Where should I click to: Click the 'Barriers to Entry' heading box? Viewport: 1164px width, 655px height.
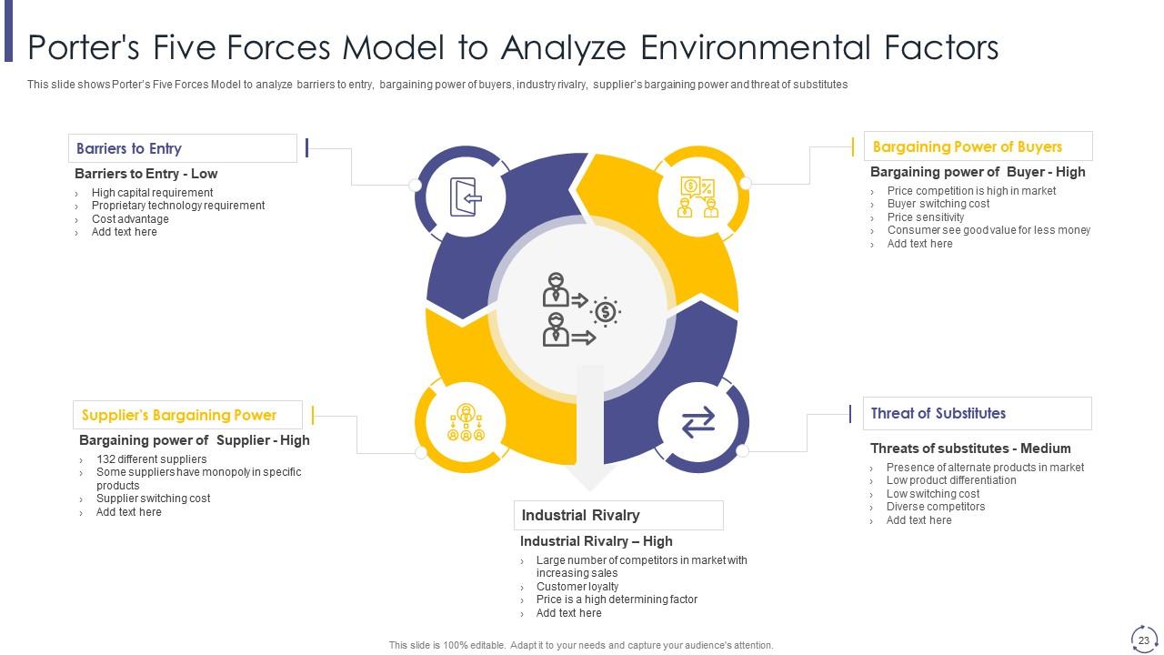click(x=182, y=148)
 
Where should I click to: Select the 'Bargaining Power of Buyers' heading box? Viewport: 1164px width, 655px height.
click(x=978, y=146)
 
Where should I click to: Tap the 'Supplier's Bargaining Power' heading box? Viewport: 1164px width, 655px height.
click(x=187, y=415)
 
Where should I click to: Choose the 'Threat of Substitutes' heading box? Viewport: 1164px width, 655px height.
click(x=977, y=413)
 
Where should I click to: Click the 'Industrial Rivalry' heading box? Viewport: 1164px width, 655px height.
click(x=618, y=515)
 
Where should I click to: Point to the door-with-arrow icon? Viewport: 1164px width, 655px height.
click(x=466, y=197)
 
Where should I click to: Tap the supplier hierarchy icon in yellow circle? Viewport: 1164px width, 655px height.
click(x=466, y=422)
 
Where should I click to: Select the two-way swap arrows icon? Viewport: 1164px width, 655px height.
click(x=698, y=422)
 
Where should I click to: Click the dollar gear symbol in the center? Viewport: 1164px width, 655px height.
click(x=605, y=312)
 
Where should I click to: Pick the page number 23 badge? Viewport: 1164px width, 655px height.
click(x=1143, y=640)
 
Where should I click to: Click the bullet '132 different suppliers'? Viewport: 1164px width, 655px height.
click(x=151, y=459)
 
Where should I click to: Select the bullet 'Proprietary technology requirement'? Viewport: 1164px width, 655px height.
click(x=178, y=206)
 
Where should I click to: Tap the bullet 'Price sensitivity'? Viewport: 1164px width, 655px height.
click(x=926, y=217)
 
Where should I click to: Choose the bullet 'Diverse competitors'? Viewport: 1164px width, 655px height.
click(x=936, y=507)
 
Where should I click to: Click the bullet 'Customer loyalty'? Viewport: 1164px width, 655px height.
click(x=577, y=587)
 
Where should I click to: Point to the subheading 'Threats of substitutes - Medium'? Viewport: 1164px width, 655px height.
click(x=970, y=448)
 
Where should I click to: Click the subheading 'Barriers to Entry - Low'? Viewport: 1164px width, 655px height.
click(x=145, y=174)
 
